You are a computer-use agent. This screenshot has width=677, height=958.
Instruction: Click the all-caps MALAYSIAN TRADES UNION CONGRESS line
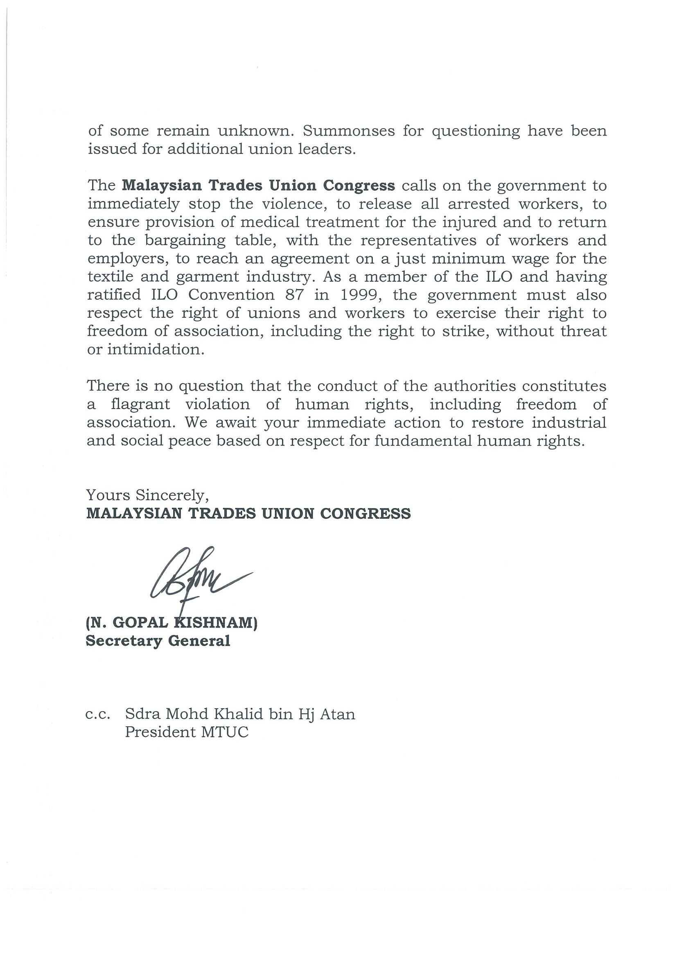coord(248,513)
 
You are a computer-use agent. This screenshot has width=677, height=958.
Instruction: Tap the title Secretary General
coord(158,641)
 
